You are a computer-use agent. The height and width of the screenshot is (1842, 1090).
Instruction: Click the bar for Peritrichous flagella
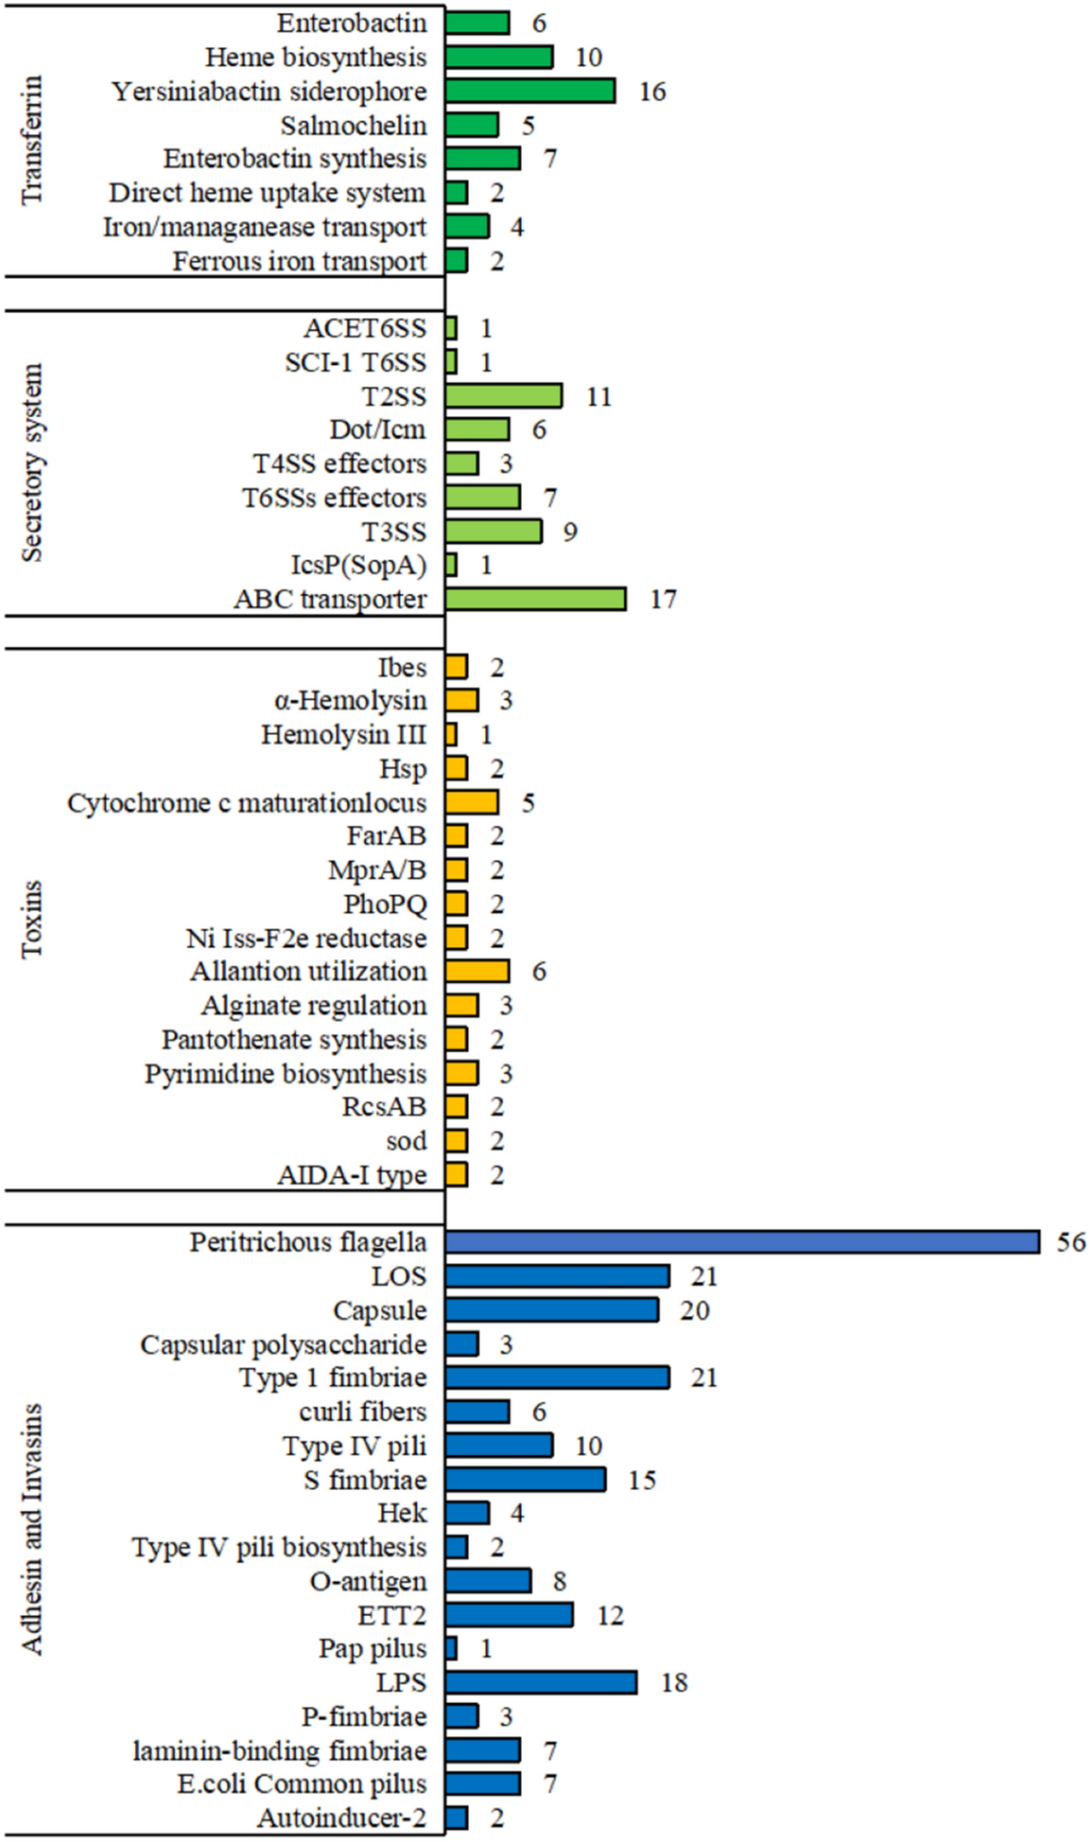tap(742, 1242)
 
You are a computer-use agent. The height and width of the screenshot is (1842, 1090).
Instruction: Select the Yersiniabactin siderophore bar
tap(530, 91)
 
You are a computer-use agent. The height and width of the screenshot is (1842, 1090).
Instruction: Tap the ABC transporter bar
tap(536, 600)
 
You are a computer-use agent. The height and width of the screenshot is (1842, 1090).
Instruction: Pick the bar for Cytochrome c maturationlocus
tap(472, 803)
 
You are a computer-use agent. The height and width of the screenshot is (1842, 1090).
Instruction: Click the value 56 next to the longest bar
tap(1071, 1242)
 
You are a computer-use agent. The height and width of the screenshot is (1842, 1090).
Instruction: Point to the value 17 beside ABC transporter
tap(663, 600)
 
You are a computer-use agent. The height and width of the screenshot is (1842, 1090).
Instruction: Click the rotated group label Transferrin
tap(32, 140)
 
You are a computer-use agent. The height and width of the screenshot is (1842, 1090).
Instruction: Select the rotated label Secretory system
tap(32, 463)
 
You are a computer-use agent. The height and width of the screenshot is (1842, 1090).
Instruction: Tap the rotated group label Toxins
tap(32, 919)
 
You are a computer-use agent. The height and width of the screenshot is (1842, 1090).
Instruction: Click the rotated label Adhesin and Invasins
tap(32, 1529)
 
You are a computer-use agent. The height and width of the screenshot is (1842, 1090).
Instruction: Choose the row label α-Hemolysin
tap(350, 701)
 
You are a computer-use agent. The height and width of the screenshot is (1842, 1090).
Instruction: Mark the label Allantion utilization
tap(309, 972)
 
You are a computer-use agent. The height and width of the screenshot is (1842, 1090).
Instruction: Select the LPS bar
tap(541, 1683)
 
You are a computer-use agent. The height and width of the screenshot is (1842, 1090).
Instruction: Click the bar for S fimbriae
tap(526, 1480)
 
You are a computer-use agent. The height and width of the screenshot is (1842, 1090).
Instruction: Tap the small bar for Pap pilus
tap(451, 1649)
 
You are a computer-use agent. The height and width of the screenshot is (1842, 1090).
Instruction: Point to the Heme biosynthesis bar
tap(499, 57)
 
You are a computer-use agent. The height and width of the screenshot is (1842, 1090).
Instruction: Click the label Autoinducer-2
tap(342, 1818)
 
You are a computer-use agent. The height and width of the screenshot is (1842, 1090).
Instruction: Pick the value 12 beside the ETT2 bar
tap(609, 1615)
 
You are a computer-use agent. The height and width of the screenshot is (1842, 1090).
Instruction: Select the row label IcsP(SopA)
tap(358, 566)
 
